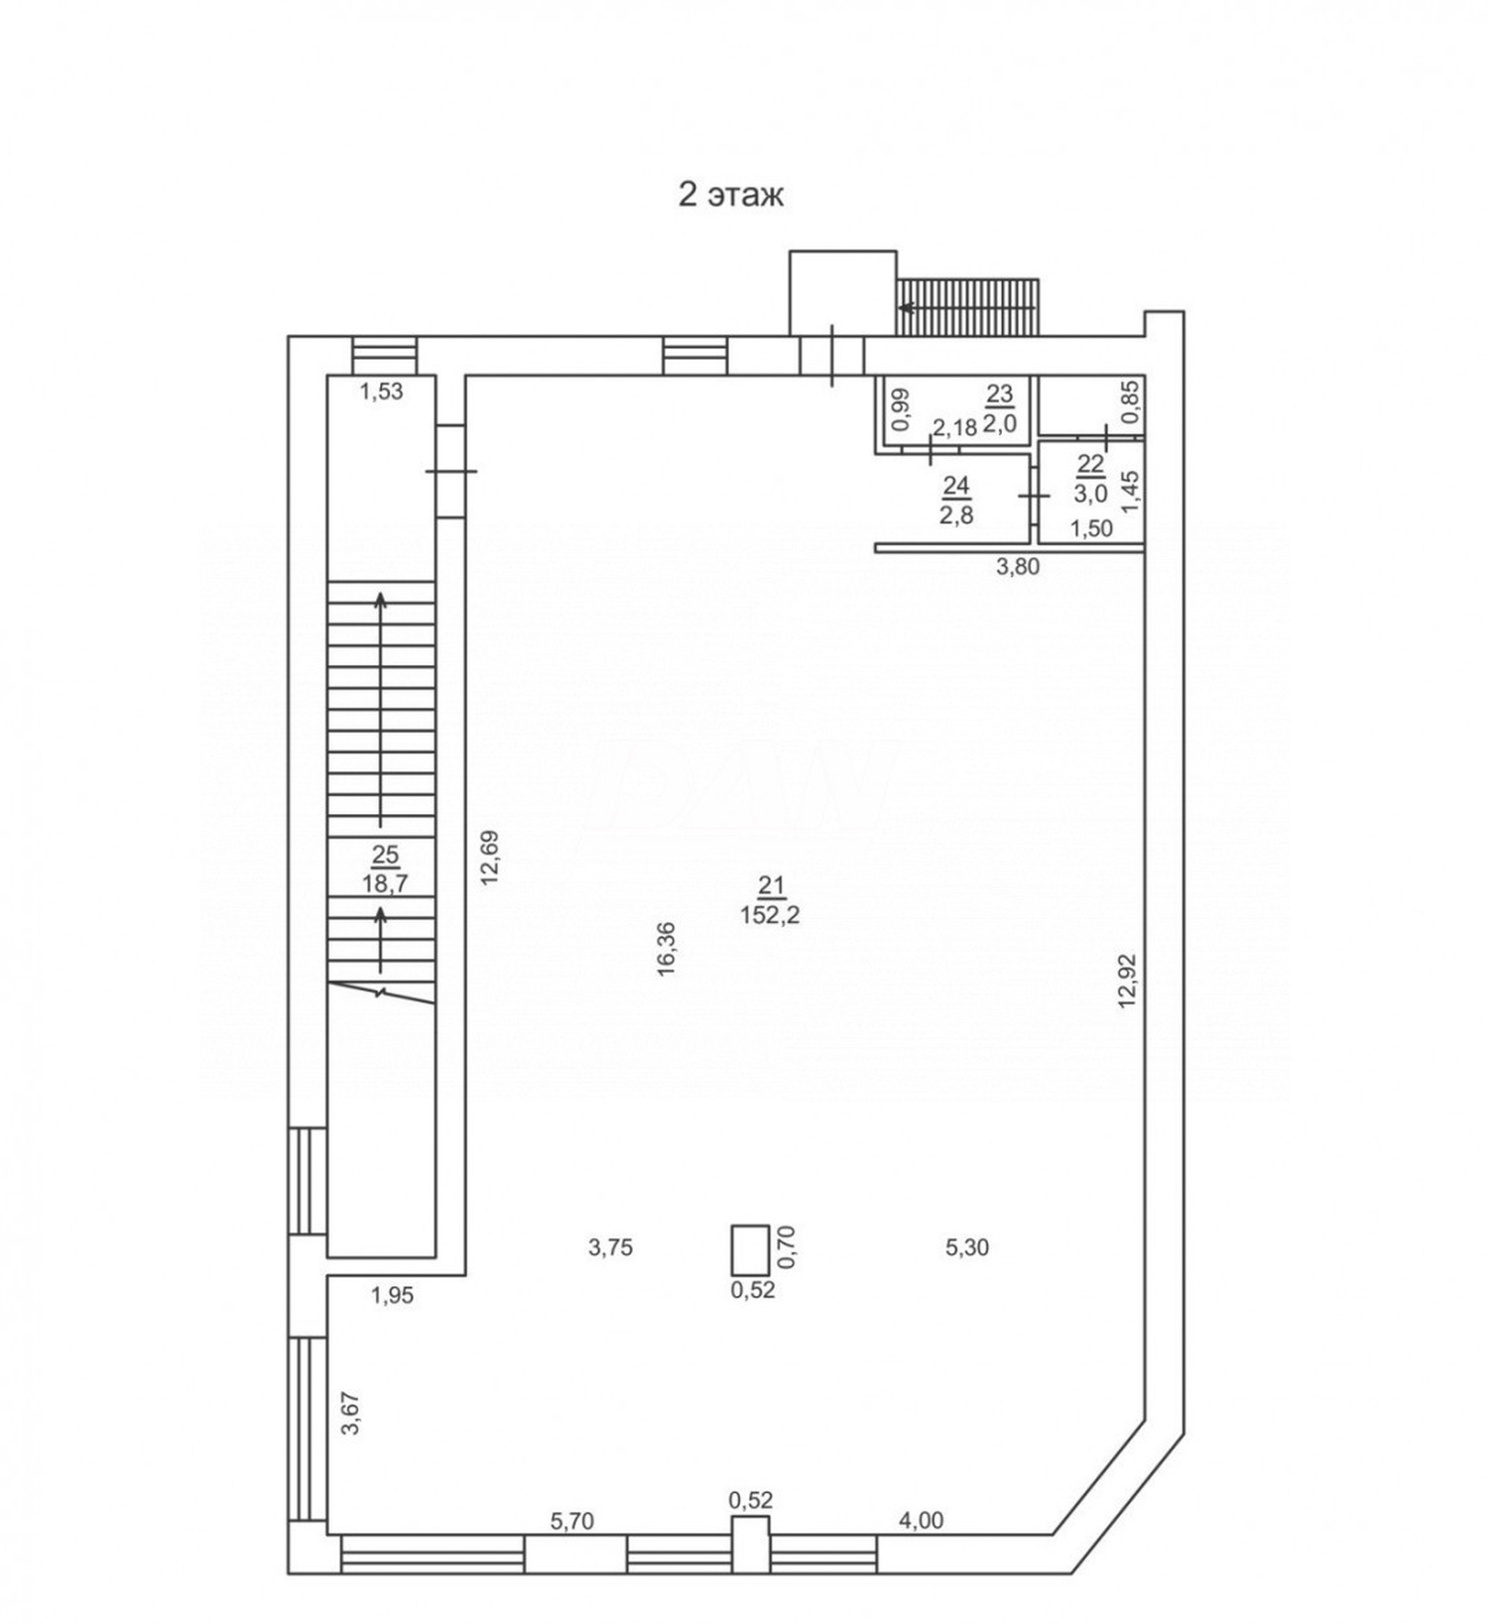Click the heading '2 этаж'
click(x=730, y=195)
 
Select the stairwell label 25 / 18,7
click(x=385, y=870)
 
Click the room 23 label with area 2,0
click(x=999, y=408)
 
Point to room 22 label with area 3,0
click(x=1090, y=478)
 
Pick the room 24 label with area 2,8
click(x=956, y=500)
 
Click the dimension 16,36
click(x=667, y=950)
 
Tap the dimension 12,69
click(x=490, y=858)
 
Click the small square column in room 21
click(x=750, y=1249)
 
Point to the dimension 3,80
click(x=1017, y=567)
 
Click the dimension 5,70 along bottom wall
click(x=572, y=1521)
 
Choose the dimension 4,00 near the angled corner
click(x=921, y=1520)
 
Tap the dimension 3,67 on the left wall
click(x=350, y=1413)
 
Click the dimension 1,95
click(x=392, y=1295)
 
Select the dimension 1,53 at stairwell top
click(x=381, y=392)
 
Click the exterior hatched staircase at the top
click(x=967, y=306)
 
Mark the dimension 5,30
click(x=967, y=1247)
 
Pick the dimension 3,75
click(x=610, y=1247)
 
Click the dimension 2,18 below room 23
click(x=954, y=428)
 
